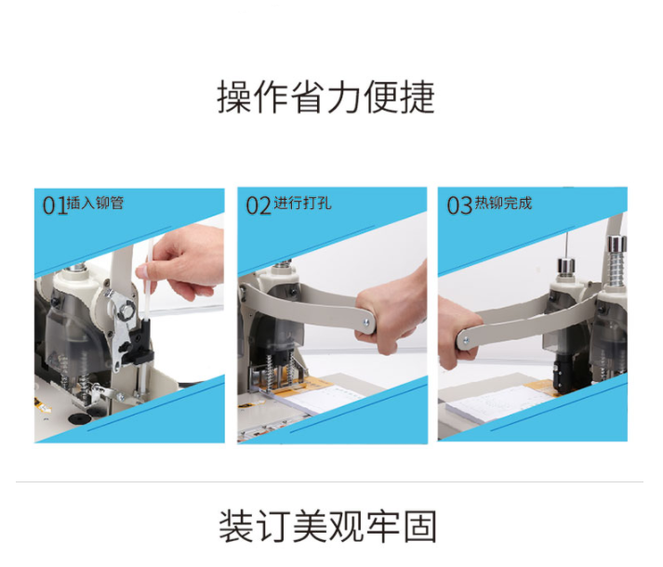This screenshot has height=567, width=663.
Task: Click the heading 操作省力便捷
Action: coord(326,97)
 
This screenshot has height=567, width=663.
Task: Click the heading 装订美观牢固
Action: coord(327,526)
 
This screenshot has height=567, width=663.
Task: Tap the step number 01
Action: coord(55,206)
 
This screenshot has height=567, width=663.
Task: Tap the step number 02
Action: coord(259,206)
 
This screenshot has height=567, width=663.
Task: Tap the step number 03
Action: coord(459,206)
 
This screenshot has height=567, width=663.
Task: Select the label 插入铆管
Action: coord(95,204)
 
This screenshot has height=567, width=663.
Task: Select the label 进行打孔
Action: coord(303,204)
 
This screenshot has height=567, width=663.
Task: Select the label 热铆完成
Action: coord(503,204)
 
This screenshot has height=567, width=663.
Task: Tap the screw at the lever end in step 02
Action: coord(366,323)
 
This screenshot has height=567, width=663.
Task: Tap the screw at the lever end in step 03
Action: coord(465,339)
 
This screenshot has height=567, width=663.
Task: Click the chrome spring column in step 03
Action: coord(617,260)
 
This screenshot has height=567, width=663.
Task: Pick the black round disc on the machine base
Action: coord(80,419)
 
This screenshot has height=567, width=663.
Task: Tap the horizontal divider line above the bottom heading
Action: coord(329,481)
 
